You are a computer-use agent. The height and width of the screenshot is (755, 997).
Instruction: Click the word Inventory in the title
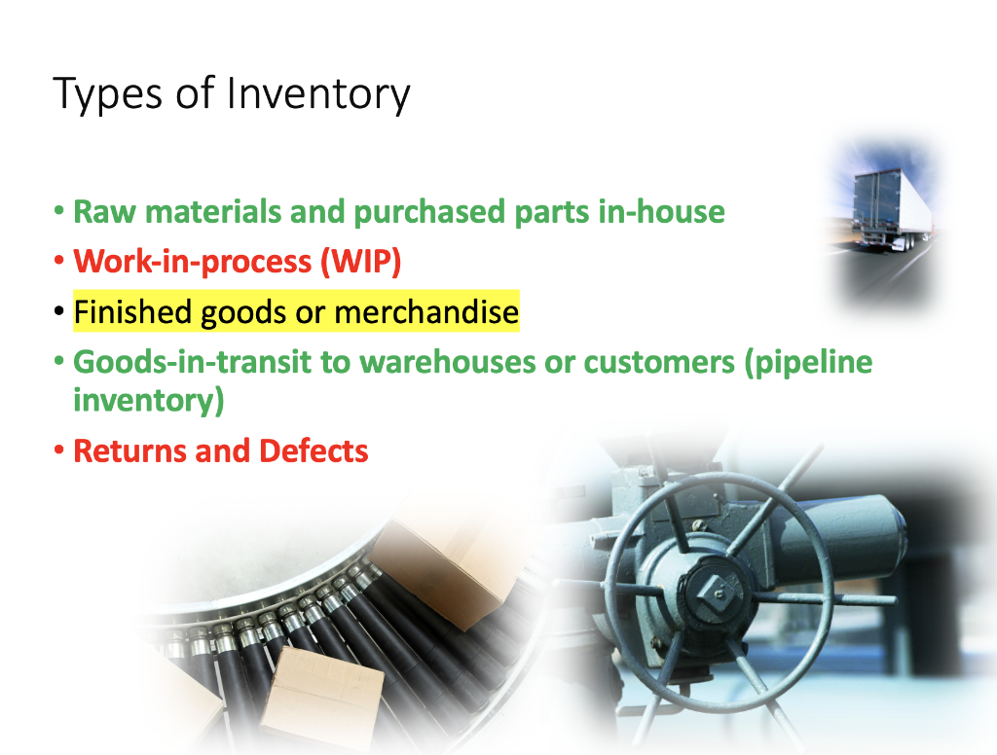(318, 94)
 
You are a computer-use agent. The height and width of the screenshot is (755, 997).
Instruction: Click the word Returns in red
(132, 451)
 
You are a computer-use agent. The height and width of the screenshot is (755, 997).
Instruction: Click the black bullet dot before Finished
(60, 313)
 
